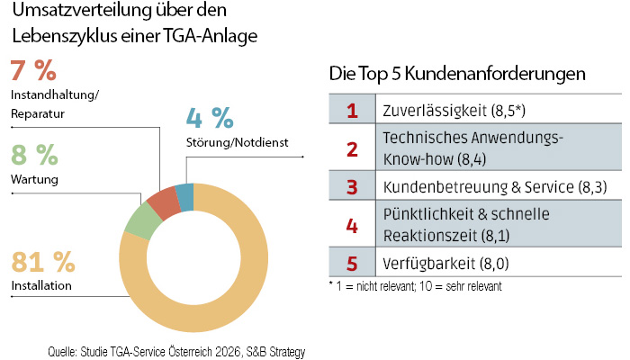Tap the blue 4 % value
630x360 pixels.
click(209, 118)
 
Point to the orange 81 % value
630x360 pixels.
click(42, 262)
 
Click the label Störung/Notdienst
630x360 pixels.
click(237, 143)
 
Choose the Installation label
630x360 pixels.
click(41, 287)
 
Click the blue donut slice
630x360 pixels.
click(184, 196)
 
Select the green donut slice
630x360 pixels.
click(139, 220)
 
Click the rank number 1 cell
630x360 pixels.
click(352, 112)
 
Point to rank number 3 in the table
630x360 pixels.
click(352, 187)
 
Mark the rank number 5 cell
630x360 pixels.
click(352, 265)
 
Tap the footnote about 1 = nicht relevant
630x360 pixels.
click(414, 285)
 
